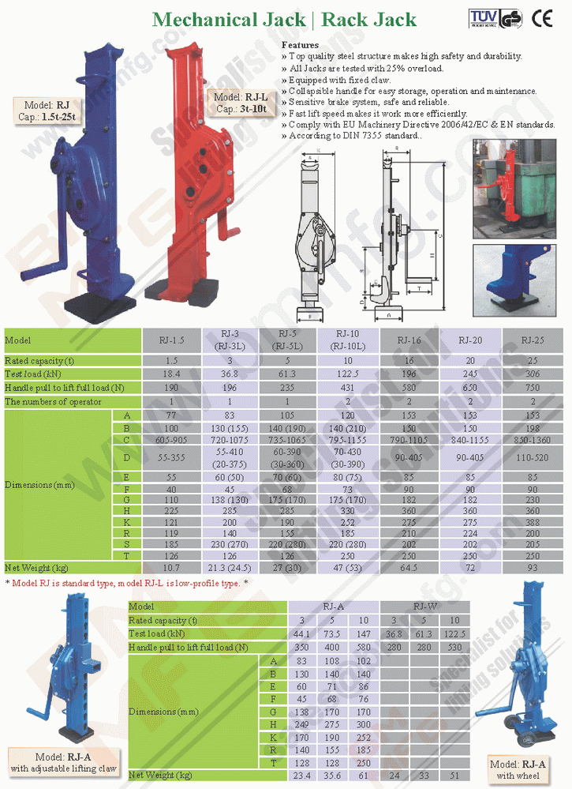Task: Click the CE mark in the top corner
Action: (543, 17)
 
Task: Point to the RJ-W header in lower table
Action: (425, 607)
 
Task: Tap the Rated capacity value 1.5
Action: (172, 359)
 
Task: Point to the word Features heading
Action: (300, 46)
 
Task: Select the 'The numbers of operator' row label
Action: (54, 401)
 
